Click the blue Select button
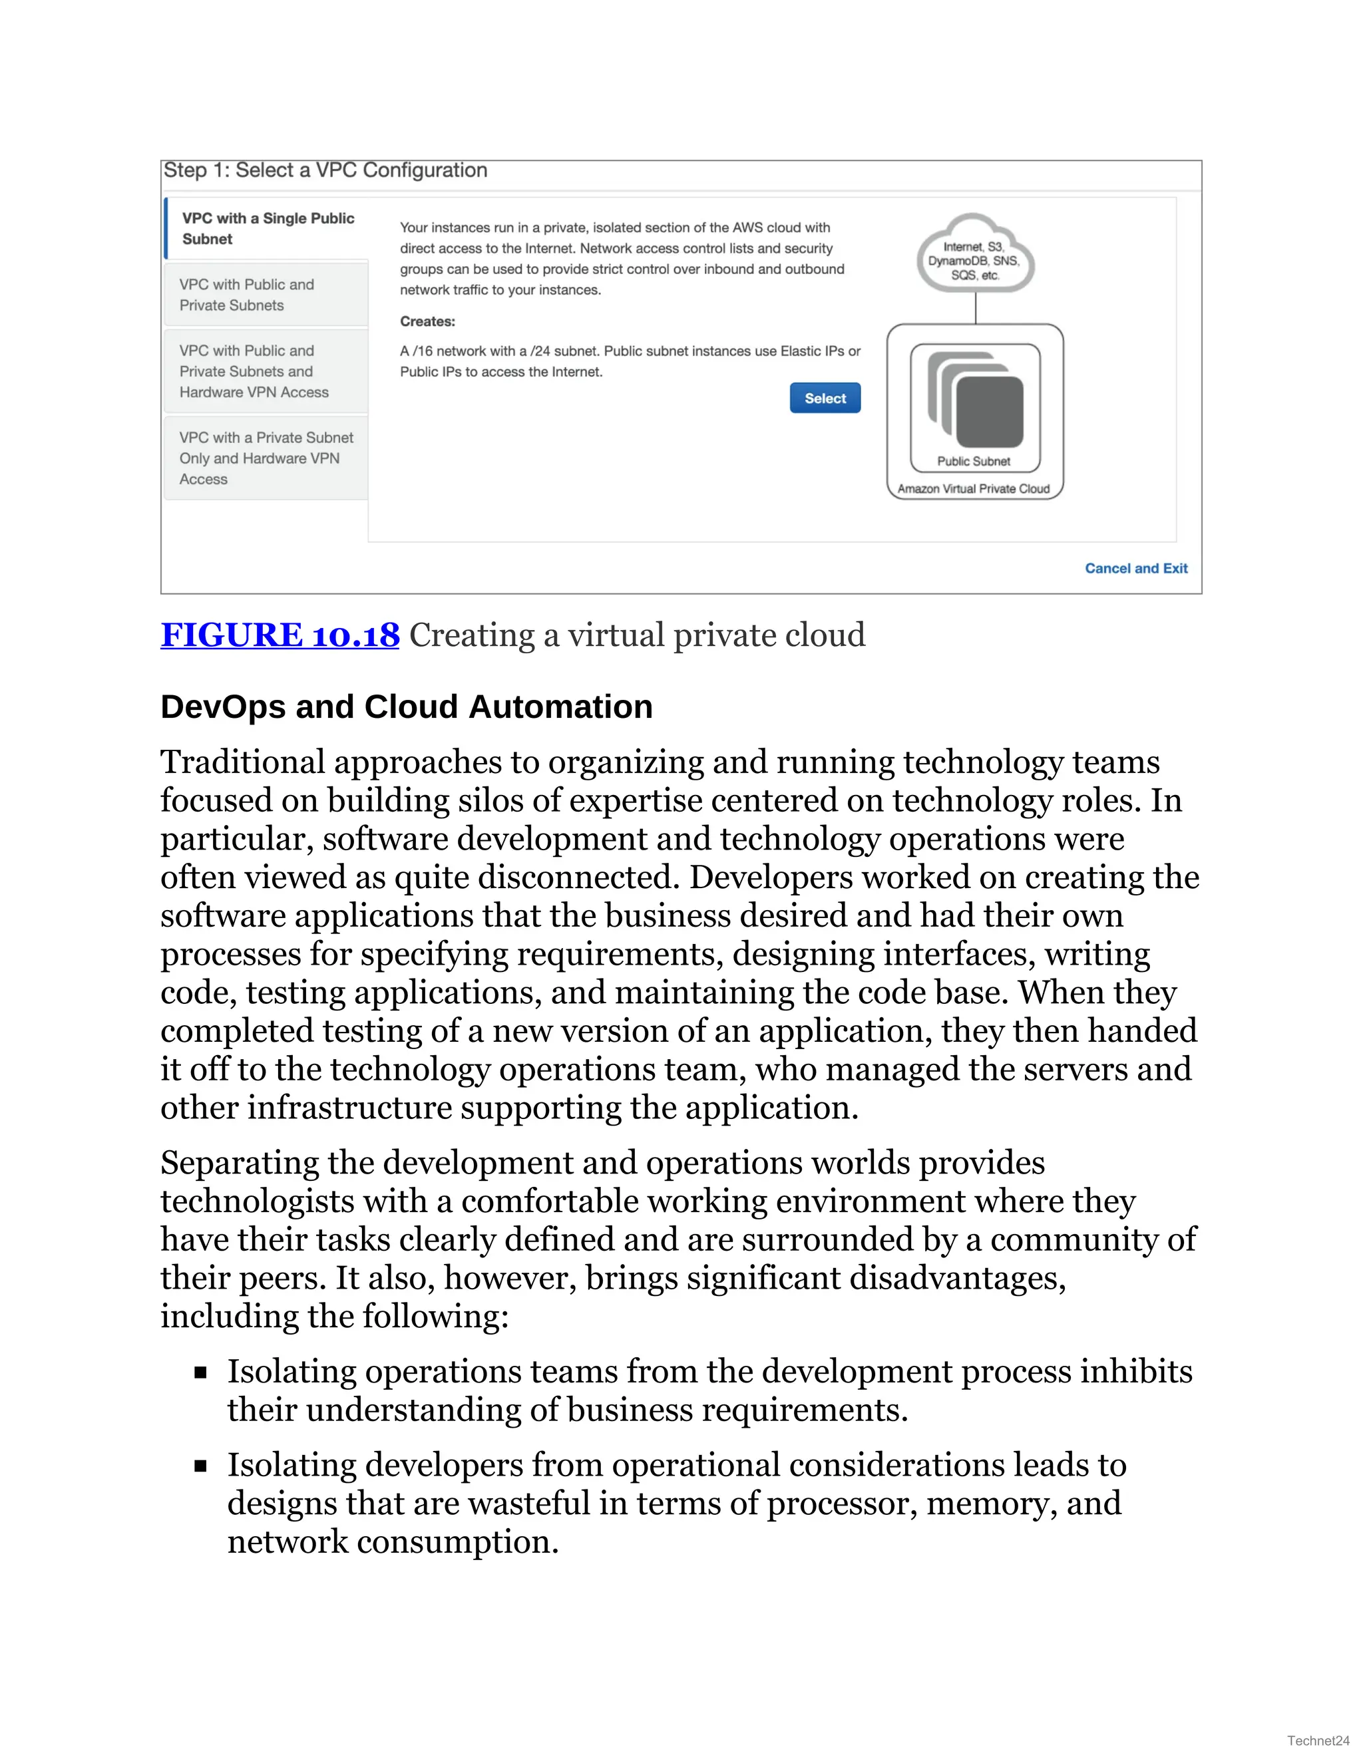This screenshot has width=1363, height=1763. (x=825, y=398)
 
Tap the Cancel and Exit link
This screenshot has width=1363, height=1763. (x=1135, y=568)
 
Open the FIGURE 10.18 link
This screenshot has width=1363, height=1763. (x=280, y=635)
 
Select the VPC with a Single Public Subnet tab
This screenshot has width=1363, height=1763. (x=268, y=228)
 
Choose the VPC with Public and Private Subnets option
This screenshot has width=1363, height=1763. (x=266, y=295)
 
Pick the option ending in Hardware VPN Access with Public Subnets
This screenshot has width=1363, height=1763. (x=266, y=371)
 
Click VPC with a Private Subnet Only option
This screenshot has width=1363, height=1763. (x=266, y=458)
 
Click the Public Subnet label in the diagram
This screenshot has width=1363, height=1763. (x=973, y=461)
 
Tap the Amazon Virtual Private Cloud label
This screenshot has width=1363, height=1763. (x=973, y=488)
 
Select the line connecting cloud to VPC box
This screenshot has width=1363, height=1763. (x=976, y=307)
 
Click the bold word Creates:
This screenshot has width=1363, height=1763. (x=427, y=321)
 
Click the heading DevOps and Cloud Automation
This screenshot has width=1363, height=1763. (x=406, y=707)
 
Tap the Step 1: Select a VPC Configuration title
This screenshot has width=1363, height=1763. (x=325, y=170)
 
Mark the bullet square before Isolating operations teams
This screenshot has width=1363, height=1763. (x=201, y=1372)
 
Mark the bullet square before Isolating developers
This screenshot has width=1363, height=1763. (x=201, y=1465)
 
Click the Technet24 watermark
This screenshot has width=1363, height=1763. (x=1317, y=1740)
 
